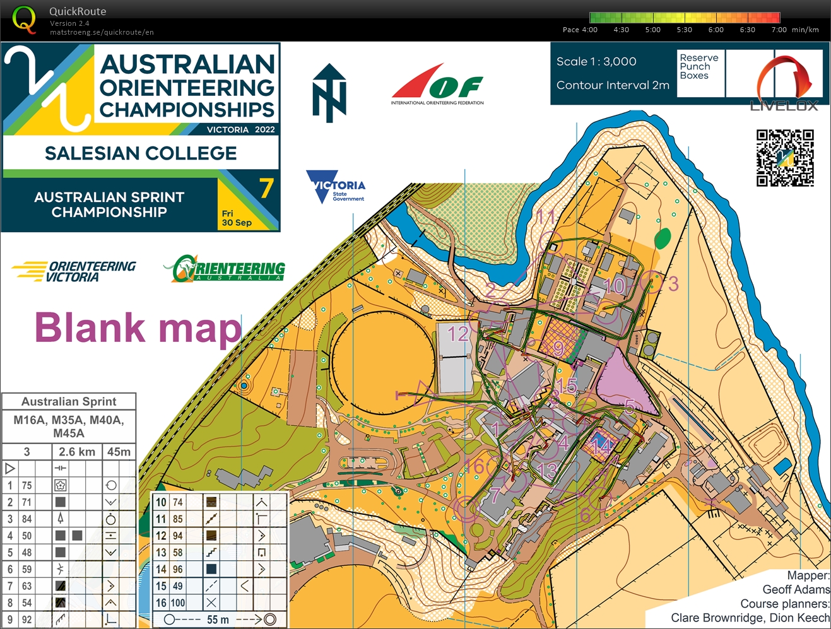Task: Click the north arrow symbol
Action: (329, 93)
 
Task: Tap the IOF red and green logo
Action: (437, 83)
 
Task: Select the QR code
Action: (785, 158)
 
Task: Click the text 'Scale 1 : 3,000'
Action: (596, 61)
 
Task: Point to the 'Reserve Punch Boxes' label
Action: (698, 66)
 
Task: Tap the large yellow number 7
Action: (266, 188)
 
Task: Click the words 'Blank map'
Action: (138, 327)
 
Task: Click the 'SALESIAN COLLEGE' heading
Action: (141, 153)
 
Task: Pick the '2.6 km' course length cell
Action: (77, 452)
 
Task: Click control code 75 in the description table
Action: (27, 485)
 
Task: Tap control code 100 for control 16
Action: (178, 603)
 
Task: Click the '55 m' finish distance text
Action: (218, 620)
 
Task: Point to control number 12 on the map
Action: (458, 333)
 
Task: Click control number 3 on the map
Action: (673, 284)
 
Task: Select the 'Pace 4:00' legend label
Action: (579, 30)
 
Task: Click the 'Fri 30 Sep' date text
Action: (237, 218)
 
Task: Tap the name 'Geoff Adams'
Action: (796, 589)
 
